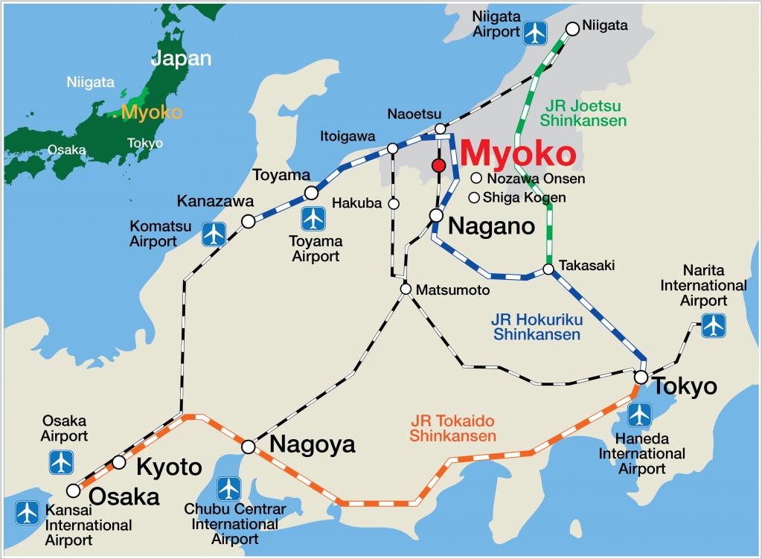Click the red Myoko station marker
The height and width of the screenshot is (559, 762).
coord(439,164)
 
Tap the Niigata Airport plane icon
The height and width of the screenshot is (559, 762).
coord(534,32)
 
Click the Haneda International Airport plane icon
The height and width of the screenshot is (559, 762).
coord(639,415)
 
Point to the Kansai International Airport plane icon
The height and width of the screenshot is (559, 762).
coord(28,512)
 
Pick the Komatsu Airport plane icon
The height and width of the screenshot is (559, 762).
coord(214,234)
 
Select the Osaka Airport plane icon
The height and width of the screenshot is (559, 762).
coord(60,462)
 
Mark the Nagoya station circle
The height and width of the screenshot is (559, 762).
coord(249,447)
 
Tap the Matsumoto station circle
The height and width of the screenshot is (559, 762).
coord(406,289)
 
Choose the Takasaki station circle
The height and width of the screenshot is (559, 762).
coord(548,269)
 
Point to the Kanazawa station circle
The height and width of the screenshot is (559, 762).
coord(248,221)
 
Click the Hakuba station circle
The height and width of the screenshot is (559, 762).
coord(394,203)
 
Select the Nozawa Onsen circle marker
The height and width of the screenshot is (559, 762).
coord(476,179)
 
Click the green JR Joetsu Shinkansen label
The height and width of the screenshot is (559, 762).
coord(583,112)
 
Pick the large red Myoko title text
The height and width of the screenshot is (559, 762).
coord(518,153)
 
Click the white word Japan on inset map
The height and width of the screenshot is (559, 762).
coord(182,59)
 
